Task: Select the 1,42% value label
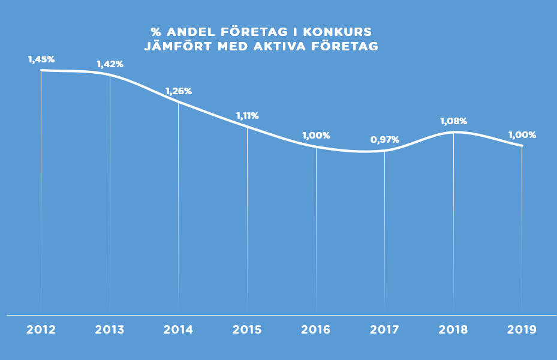110,64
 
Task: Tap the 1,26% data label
178,91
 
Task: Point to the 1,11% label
247,115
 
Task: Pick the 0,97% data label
384,139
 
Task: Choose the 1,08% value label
453,121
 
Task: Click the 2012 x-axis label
41,329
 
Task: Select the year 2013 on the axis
110,329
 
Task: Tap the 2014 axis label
178,329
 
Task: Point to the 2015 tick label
247,329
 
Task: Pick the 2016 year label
316,329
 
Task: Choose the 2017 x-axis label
384,329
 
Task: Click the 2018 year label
453,329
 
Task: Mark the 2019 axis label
522,329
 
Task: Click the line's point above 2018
453,132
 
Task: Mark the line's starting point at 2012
41,70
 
